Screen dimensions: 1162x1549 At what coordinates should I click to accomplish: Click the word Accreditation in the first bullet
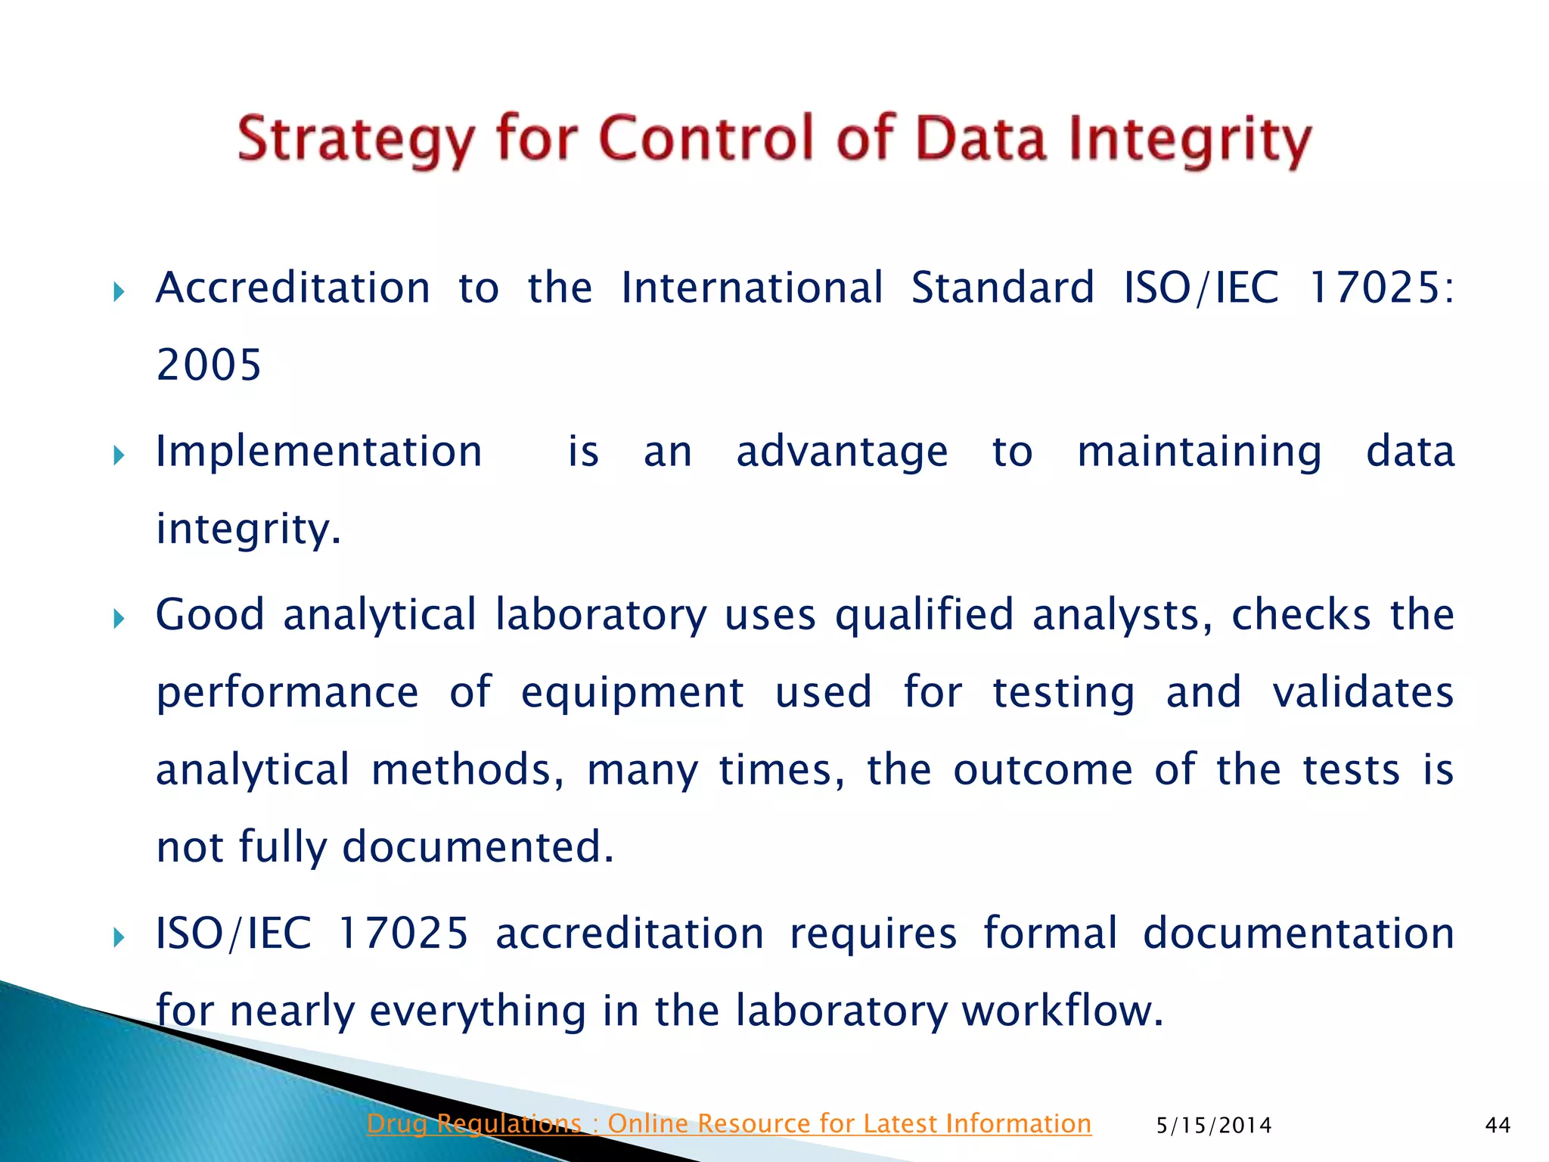tap(293, 288)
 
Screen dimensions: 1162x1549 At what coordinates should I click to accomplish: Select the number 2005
tap(209, 365)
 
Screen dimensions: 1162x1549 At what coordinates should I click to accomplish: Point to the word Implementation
tap(318, 452)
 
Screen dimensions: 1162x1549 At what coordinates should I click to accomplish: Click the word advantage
tap(842, 453)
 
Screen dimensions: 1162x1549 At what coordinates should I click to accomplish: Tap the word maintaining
tap(1200, 453)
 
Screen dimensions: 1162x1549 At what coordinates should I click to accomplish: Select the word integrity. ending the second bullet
tap(249, 530)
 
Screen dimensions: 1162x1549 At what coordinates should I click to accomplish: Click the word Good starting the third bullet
tap(210, 614)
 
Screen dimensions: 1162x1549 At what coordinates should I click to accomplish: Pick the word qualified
tap(924, 616)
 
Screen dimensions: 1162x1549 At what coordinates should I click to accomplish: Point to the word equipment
tap(632, 693)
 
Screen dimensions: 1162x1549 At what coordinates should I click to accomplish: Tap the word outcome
tap(1042, 770)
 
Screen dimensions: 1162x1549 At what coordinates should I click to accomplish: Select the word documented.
tap(477, 847)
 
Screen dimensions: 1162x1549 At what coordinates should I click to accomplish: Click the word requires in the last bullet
tap(874, 934)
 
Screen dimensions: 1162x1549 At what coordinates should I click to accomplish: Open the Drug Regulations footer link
tap(728, 1123)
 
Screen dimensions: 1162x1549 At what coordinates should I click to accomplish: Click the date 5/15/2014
tap(1214, 1126)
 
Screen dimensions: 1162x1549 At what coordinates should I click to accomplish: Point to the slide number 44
tap(1498, 1126)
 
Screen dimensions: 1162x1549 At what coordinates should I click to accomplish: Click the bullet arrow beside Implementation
tap(118, 455)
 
